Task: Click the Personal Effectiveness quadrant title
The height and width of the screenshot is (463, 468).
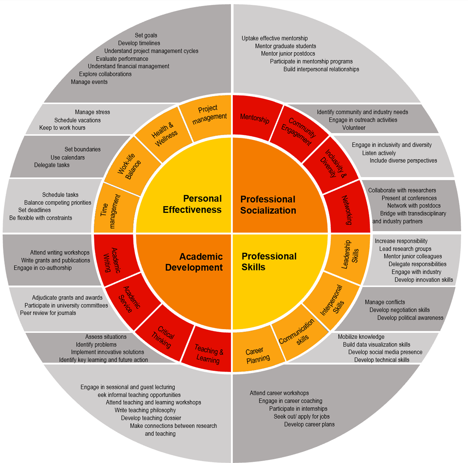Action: click(x=192, y=204)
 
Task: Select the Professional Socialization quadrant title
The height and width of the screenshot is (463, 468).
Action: click(x=268, y=205)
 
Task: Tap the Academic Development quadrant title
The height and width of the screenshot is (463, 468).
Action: click(x=194, y=262)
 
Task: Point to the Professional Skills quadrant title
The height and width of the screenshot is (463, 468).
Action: click(x=269, y=261)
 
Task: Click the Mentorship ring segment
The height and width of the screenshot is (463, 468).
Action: click(x=255, y=118)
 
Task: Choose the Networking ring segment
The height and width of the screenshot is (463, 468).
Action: click(x=347, y=210)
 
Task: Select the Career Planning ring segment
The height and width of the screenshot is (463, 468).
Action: click(x=258, y=355)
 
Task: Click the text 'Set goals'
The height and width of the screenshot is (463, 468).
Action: click(x=146, y=35)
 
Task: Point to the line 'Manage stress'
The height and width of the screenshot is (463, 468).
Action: click(x=92, y=112)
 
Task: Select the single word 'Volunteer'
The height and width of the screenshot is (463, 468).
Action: click(x=354, y=128)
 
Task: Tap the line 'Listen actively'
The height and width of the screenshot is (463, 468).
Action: click(x=379, y=153)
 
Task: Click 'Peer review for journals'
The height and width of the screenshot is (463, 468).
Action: click(x=48, y=313)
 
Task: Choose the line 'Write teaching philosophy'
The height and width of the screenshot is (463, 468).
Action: click(x=145, y=410)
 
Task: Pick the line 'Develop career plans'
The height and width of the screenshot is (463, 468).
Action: click(x=309, y=424)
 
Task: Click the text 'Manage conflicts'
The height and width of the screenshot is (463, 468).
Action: click(x=385, y=302)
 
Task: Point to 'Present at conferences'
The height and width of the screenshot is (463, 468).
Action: click(x=409, y=198)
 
